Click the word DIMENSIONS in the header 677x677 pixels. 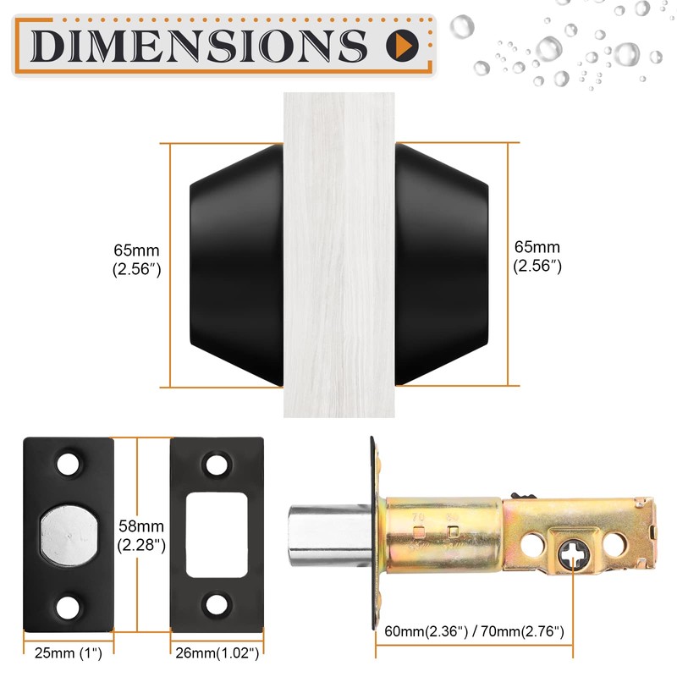199,42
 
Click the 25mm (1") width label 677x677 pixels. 67,654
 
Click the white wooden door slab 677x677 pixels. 338,254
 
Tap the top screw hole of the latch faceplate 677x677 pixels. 69,465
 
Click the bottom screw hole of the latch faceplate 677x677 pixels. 69,604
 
